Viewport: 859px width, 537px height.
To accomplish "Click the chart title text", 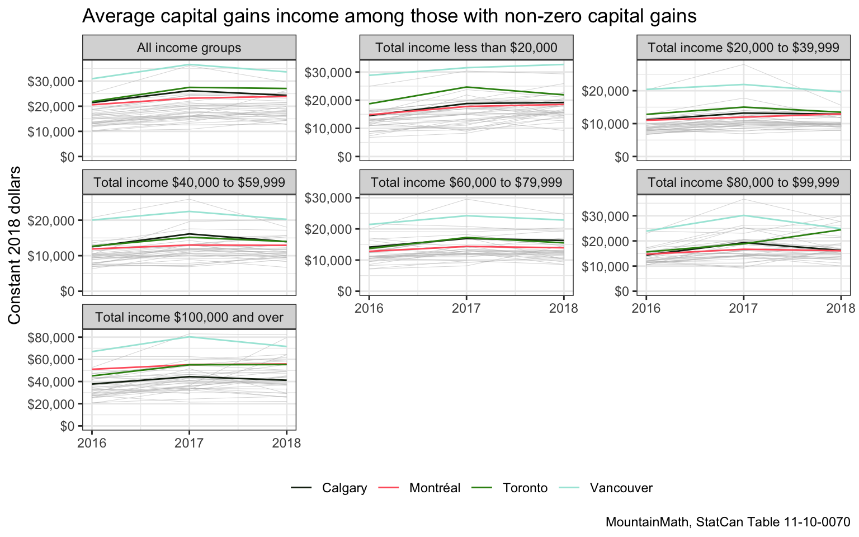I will (x=389, y=16).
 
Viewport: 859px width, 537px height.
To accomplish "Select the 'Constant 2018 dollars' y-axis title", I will (x=15, y=245).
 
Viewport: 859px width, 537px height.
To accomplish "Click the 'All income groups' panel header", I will (x=189, y=48).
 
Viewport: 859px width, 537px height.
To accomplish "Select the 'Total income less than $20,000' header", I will (x=466, y=48).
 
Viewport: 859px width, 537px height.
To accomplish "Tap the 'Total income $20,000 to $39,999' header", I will (x=743, y=48).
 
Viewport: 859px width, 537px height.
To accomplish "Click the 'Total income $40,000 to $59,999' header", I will (x=189, y=182).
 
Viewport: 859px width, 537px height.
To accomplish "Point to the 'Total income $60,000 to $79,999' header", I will (x=466, y=182).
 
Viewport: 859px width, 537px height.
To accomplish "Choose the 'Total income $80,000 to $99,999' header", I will (x=743, y=182).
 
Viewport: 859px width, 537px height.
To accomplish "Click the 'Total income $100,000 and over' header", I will (x=189, y=318).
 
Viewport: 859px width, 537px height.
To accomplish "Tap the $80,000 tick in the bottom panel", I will (x=51, y=337).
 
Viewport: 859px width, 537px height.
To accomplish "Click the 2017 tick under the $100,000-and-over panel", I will (x=189, y=444).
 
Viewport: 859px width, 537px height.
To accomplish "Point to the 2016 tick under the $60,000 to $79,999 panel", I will (x=369, y=308).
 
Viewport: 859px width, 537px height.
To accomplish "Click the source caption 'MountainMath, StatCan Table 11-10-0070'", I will (x=728, y=522).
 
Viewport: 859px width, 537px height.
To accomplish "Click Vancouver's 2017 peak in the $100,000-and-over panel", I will (x=189, y=337).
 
